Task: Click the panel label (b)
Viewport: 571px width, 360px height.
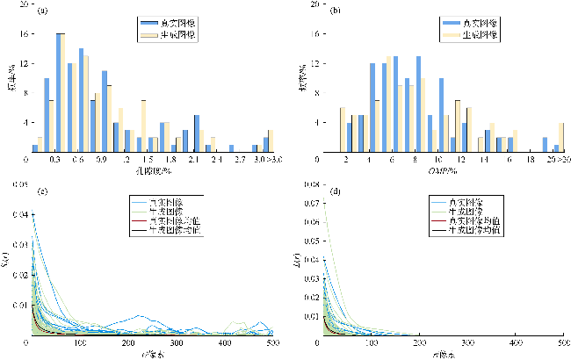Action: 334,11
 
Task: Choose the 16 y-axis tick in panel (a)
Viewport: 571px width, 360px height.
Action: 25,33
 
